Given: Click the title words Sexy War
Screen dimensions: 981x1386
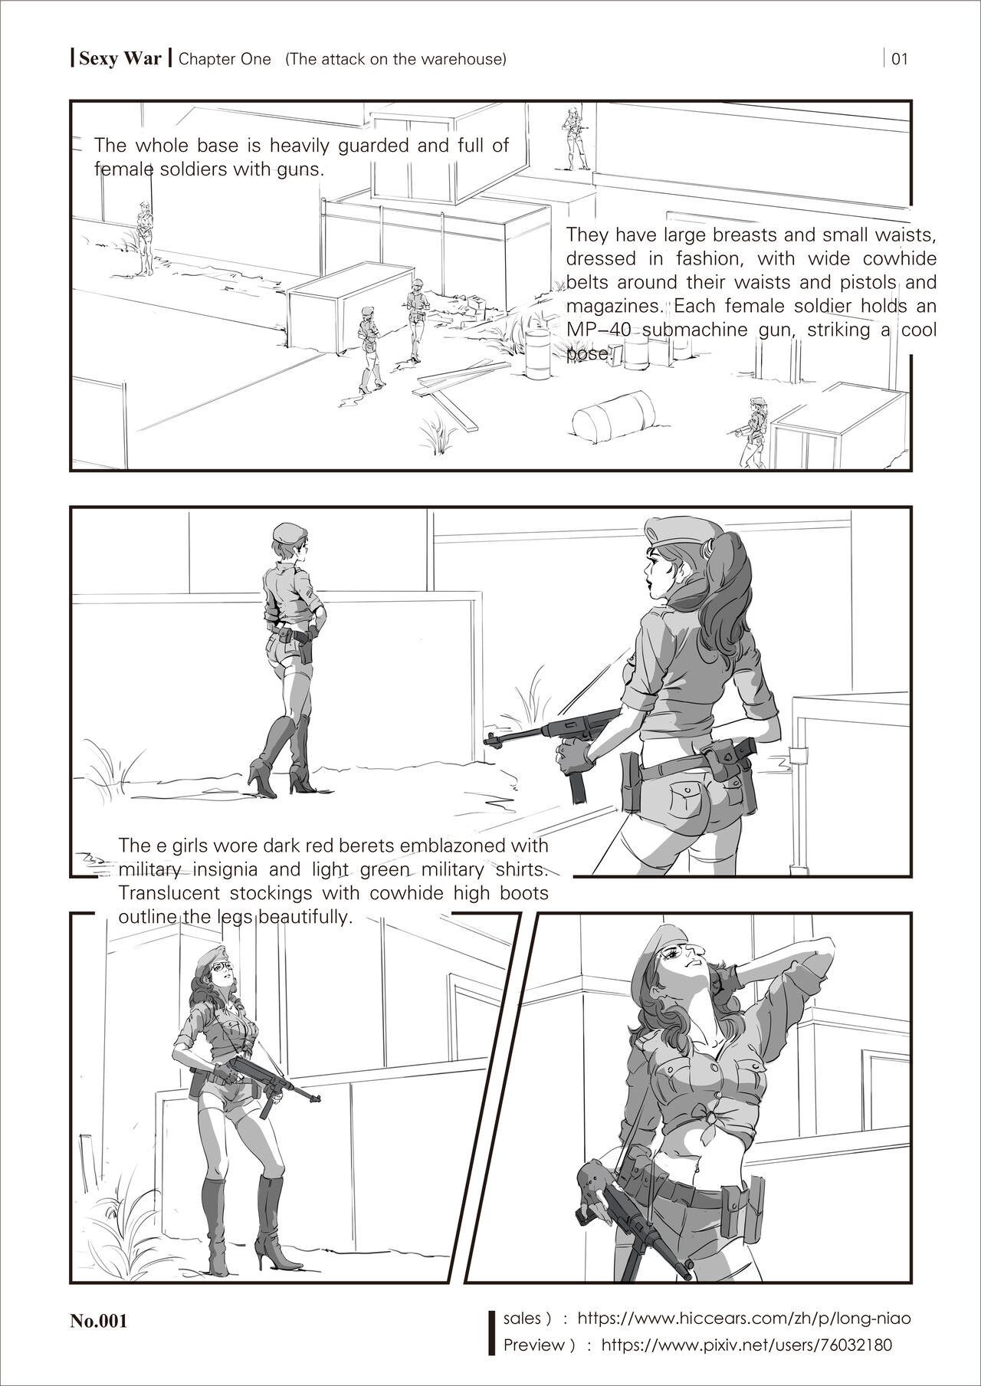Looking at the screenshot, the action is (x=119, y=59).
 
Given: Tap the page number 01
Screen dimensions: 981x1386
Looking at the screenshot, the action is (x=900, y=59).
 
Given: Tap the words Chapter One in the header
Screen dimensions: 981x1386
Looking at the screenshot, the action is (x=225, y=59).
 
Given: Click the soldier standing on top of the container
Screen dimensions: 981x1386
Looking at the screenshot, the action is (x=574, y=138).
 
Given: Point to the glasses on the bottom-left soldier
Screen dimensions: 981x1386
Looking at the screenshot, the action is (x=220, y=968).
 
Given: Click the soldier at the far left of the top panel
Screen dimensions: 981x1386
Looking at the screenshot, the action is (x=145, y=238).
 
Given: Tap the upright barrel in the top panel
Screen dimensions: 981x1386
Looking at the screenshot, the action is (x=537, y=354).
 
